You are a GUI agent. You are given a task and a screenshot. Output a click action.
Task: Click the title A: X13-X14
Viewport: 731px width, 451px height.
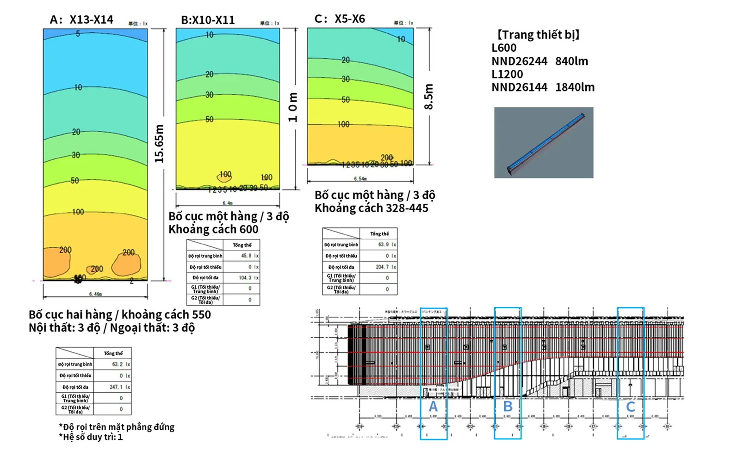coord(81,20)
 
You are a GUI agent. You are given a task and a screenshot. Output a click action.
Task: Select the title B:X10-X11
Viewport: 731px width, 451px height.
coord(208,20)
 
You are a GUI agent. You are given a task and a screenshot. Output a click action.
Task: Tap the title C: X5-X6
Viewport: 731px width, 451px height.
coord(340,19)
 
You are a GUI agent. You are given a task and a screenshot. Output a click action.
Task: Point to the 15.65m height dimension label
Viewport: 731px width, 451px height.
coord(159,144)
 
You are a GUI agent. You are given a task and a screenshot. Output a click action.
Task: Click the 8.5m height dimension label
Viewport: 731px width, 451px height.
coord(429,97)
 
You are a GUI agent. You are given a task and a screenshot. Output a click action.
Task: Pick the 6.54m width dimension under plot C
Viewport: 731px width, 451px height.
coord(360,178)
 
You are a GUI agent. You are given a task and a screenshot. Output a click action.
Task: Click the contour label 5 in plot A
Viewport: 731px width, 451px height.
coord(78,34)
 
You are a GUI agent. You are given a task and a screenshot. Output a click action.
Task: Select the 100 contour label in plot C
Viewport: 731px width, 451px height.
coord(343,124)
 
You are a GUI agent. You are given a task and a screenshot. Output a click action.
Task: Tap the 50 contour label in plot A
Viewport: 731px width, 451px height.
coord(74,181)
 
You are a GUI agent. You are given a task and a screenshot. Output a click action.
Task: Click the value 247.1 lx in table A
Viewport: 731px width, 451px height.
coord(119,387)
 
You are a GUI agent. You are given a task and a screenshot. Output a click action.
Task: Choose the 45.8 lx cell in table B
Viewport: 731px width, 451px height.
coord(249,256)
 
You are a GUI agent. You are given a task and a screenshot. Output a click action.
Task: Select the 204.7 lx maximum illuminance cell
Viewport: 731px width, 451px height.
coord(386,267)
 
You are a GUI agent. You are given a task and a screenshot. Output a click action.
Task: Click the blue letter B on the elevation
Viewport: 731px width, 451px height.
coord(508,407)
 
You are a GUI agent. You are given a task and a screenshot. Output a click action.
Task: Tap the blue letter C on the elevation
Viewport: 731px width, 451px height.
coord(630,407)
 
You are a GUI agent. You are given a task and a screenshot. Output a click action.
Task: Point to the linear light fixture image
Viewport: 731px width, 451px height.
coord(544,143)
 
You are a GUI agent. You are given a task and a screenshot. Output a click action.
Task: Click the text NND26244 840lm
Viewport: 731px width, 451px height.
coord(539,61)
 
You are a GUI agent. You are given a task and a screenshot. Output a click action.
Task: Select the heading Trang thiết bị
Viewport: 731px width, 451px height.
coord(538,35)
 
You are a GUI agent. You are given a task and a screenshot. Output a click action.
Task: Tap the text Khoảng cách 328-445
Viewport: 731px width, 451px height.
coord(372,208)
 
